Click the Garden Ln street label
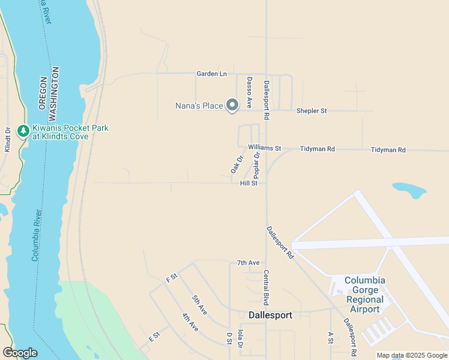(x=212, y=74)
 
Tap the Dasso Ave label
(x=249, y=92)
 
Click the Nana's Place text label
(x=199, y=106)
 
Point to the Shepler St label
(x=312, y=111)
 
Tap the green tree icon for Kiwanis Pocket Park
(x=23, y=131)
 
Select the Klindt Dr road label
(x=8, y=139)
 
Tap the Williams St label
(x=264, y=148)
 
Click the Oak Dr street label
(x=237, y=165)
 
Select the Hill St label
(x=249, y=184)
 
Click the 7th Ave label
(x=248, y=263)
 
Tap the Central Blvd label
(x=266, y=287)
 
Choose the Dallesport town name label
(x=270, y=315)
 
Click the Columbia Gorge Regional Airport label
(x=364, y=295)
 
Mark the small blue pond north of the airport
(x=409, y=191)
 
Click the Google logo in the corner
(x=20, y=353)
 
